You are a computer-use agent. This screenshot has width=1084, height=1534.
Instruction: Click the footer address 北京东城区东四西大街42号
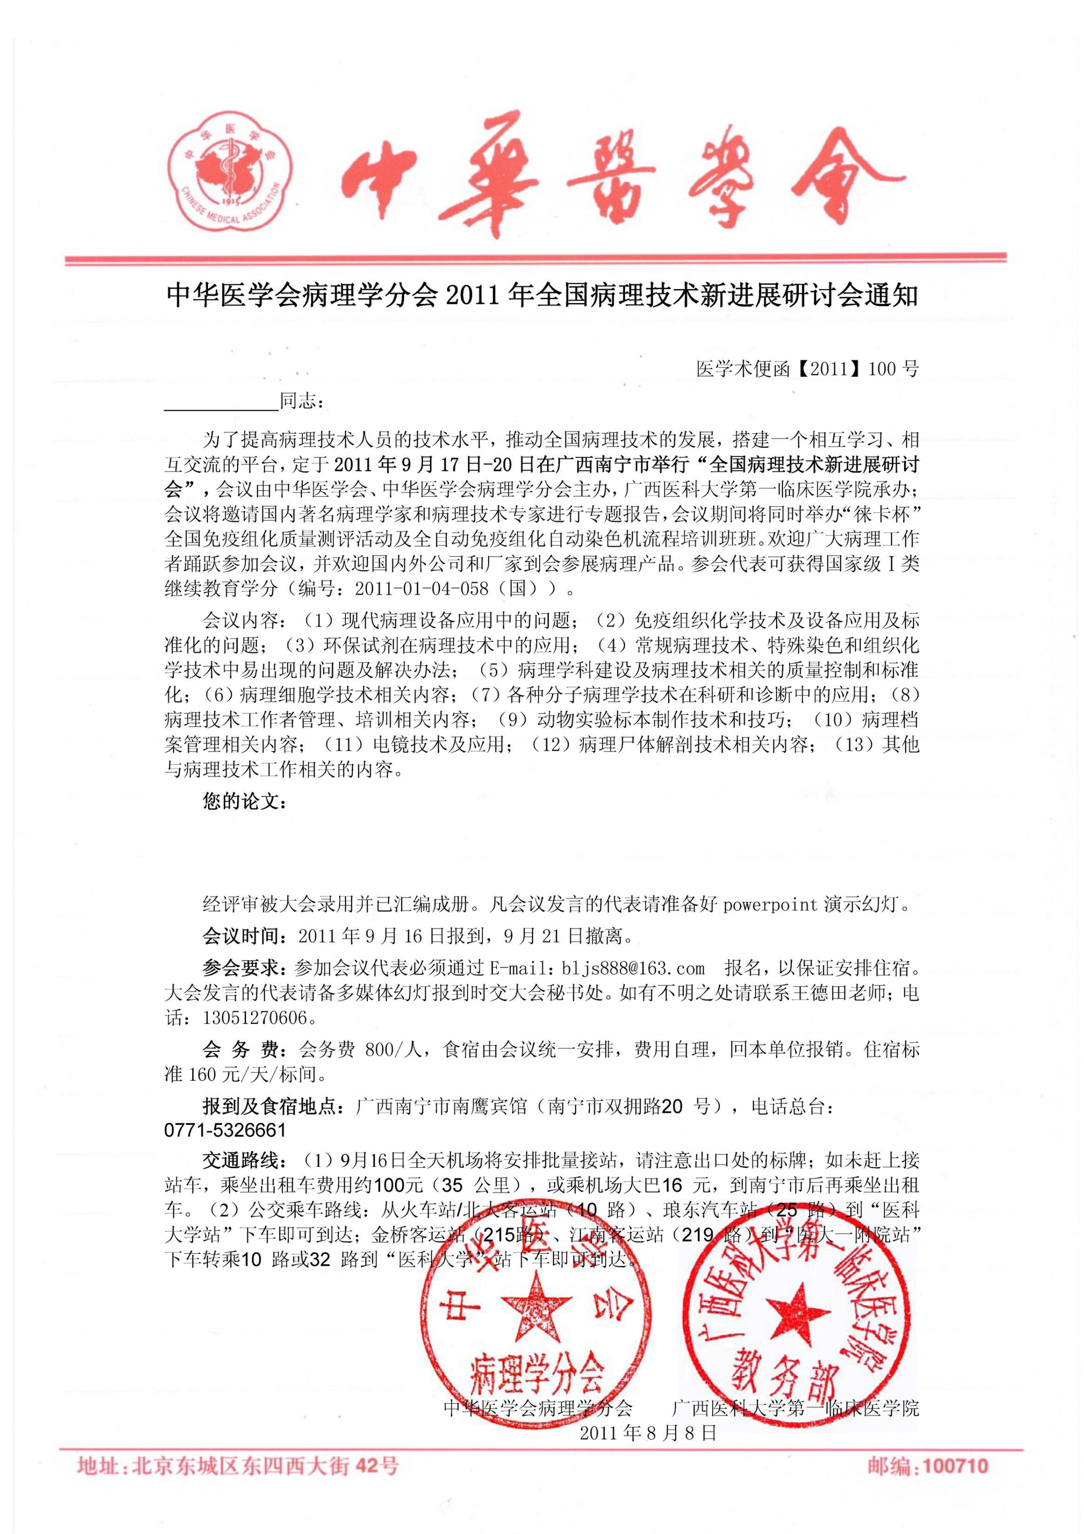pyautogui.click(x=266, y=1467)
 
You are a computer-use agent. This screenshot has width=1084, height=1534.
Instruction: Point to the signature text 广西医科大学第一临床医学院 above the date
pyautogui.click(x=795, y=1408)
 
